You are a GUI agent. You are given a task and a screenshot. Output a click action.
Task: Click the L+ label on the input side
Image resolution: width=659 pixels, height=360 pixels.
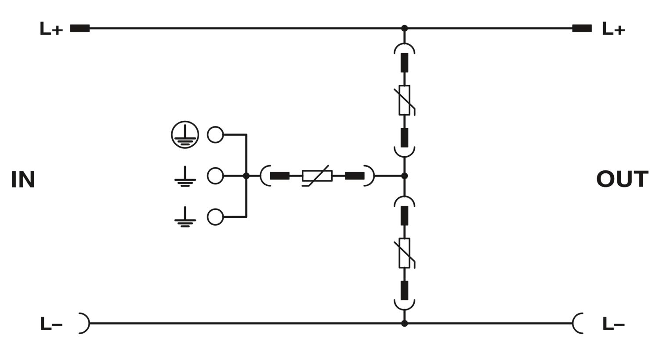pos(51,29)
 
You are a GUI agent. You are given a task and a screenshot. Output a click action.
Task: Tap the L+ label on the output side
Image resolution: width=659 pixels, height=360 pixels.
pos(614,29)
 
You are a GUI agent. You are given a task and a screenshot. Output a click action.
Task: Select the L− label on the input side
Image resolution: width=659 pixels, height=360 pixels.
pos(51,324)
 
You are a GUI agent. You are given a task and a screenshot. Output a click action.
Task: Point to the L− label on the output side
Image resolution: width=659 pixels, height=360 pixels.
pos(614,324)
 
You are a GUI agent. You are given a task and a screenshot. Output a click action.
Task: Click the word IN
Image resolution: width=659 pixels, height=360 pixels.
pos(23,179)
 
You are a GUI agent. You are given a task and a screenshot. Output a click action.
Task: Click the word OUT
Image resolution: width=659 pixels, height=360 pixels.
pos(622,179)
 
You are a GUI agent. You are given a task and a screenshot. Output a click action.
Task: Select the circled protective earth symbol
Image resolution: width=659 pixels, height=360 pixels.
pos(185,135)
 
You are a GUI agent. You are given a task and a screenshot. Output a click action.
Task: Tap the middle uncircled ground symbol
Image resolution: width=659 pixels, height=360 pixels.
pos(185,176)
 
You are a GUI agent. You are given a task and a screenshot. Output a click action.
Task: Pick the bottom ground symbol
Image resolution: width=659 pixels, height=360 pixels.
pos(185,217)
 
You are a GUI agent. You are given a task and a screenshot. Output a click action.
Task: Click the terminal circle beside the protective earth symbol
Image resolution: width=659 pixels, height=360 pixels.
pos(215,135)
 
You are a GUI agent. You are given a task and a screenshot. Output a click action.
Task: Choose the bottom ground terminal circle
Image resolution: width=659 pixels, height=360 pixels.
pos(215,217)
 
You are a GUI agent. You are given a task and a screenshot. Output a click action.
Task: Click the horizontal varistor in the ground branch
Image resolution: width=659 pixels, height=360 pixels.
pos(317,176)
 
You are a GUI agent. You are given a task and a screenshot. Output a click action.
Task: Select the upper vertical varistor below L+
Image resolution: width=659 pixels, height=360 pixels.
pos(405,100)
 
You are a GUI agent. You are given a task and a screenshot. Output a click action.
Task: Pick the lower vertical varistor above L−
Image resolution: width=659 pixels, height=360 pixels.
pos(405,253)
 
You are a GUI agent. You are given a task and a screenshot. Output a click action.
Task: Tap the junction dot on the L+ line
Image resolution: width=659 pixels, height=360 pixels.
pos(405,28)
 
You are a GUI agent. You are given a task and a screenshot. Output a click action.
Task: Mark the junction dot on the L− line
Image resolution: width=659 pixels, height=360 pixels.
pos(405,323)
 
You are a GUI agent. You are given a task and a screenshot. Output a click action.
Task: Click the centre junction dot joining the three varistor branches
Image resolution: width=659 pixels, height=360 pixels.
pos(405,176)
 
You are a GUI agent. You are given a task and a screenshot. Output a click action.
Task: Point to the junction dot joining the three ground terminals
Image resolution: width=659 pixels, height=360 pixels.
pos(246,176)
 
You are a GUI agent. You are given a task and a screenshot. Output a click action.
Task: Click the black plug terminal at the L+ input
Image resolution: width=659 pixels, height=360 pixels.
pos(80,28)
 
